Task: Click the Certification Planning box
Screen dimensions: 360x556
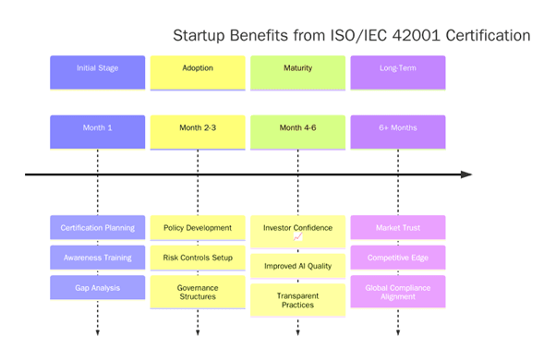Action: [x=97, y=227]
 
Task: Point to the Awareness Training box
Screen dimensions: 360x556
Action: [x=97, y=258]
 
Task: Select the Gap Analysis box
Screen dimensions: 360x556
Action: [x=97, y=287]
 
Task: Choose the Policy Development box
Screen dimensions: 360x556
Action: [x=198, y=227]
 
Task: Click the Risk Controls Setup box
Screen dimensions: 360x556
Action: [x=198, y=258]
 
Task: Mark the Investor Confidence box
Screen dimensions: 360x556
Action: [x=297, y=231]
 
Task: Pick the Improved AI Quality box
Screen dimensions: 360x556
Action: [x=297, y=266]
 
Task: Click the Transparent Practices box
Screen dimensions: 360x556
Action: [x=297, y=300]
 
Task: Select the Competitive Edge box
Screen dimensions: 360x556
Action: [x=397, y=258]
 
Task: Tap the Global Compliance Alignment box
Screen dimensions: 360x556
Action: [x=397, y=292]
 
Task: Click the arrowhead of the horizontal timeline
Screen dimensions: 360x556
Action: [x=466, y=174]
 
